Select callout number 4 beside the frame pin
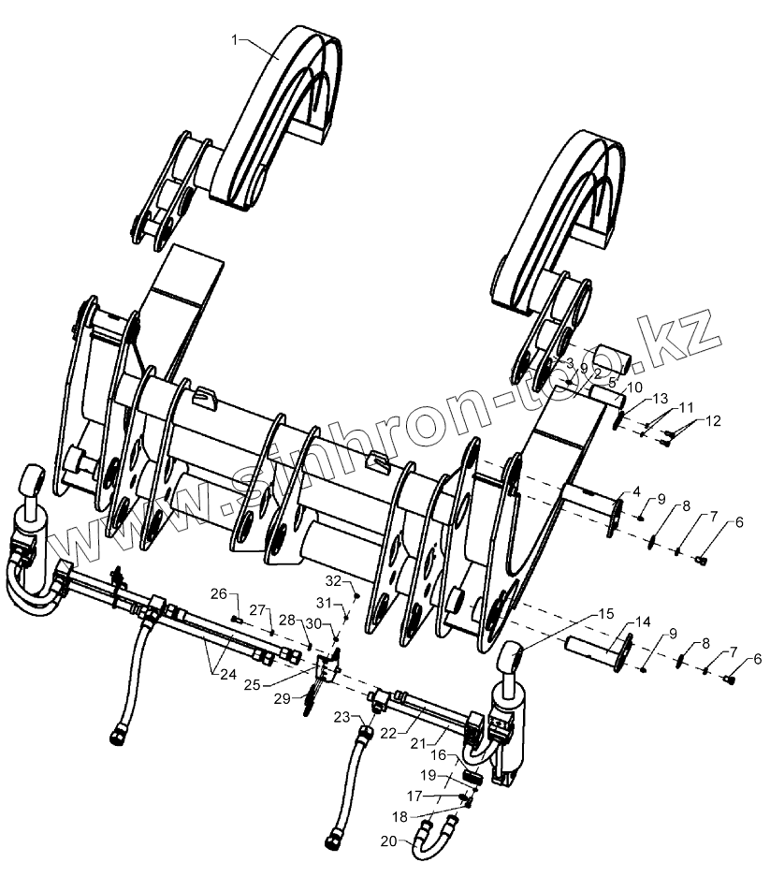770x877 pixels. tap(636, 491)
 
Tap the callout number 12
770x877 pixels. tap(714, 420)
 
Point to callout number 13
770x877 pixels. tap(661, 398)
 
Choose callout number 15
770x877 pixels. tap(606, 614)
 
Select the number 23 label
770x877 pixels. tap(341, 717)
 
